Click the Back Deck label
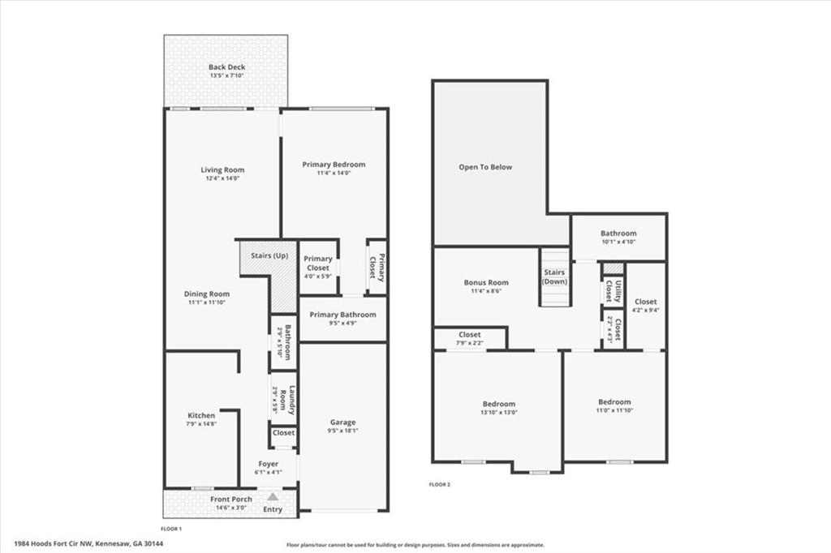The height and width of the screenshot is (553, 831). [x=226, y=67]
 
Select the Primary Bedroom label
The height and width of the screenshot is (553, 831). [x=334, y=165]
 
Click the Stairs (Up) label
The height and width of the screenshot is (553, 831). [x=269, y=255]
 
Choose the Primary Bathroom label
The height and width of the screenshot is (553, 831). [x=342, y=315]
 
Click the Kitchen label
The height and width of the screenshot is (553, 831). [x=201, y=415]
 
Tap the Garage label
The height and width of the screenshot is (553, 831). [x=342, y=422]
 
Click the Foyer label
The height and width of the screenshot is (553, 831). [x=268, y=464]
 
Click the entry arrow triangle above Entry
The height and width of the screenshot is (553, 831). [x=273, y=496]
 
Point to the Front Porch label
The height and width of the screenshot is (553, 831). [x=231, y=499]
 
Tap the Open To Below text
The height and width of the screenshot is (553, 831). [x=485, y=167]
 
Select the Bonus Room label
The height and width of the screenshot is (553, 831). [x=486, y=283]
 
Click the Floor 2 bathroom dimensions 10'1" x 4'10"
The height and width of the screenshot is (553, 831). [x=618, y=242]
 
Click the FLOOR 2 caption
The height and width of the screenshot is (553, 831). [x=439, y=484]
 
